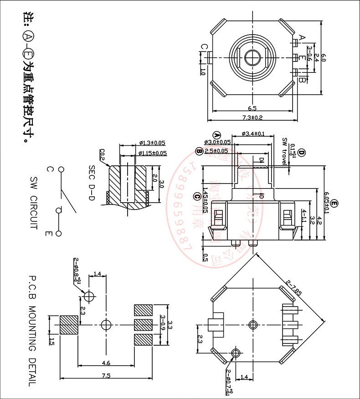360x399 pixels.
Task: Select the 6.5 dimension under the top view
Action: coord(252,108)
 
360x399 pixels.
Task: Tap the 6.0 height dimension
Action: coord(324,57)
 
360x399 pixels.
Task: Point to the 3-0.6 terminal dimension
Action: coord(309,53)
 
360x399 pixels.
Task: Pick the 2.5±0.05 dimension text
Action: coord(216,151)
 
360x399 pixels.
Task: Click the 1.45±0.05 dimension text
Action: coord(205,200)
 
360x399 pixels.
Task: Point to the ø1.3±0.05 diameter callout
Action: coord(152,143)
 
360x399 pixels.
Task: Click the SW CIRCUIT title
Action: coord(32,203)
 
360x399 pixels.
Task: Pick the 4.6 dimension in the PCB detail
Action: coord(106,363)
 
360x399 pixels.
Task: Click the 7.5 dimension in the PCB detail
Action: coord(106,376)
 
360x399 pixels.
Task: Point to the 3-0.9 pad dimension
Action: coord(162,325)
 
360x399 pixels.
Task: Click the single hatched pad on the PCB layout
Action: coord(69,325)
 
